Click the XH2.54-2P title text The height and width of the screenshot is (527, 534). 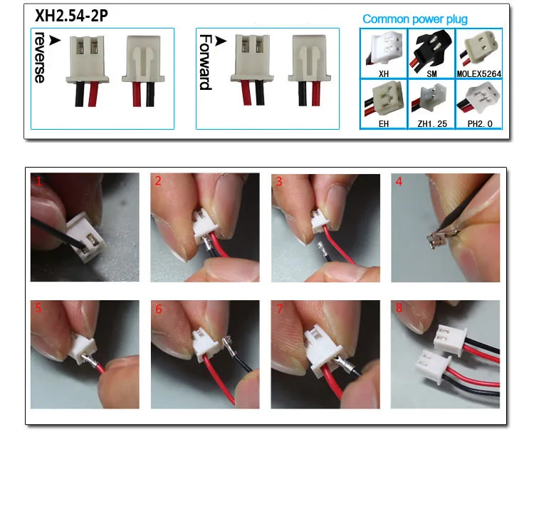pyautogui.click(x=71, y=16)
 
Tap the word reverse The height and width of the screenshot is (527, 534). pyautogui.click(x=40, y=58)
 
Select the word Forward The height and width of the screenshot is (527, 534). pyautogui.click(x=206, y=62)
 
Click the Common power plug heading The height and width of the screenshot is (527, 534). pyautogui.click(x=415, y=19)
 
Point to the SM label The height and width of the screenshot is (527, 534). pyautogui.click(x=431, y=73)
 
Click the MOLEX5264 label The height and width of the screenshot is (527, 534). pyautogui.click(x=479, y=73)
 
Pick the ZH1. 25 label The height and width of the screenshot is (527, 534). pyautogui.click(x=432, y=124)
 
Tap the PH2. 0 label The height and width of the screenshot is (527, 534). pyautogui.click(x=480, y=124)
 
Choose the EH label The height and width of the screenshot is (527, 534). pyautogui.click(x=384, y=124)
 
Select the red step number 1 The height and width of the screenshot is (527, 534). pyautogui.click(x=39, y=181)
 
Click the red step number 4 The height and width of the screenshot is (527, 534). pyautogui.click(x=399, y=181)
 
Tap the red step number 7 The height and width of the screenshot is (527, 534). pyautogui.click(x=280, y=309)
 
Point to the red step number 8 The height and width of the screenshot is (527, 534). pyautogui.click(x=399, y=307)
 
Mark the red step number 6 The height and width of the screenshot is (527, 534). pyautogui.click(x=159, y=309)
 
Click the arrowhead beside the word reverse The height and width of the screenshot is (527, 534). pyautogui.click(x=55, y=40)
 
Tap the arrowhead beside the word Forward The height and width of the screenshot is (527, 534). pyautogui.click(x=221, y=41)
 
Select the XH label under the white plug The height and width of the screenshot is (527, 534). pyautogui.click(x=384, y=73)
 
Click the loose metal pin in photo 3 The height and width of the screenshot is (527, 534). pyautogui.click(x=322, y=248)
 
